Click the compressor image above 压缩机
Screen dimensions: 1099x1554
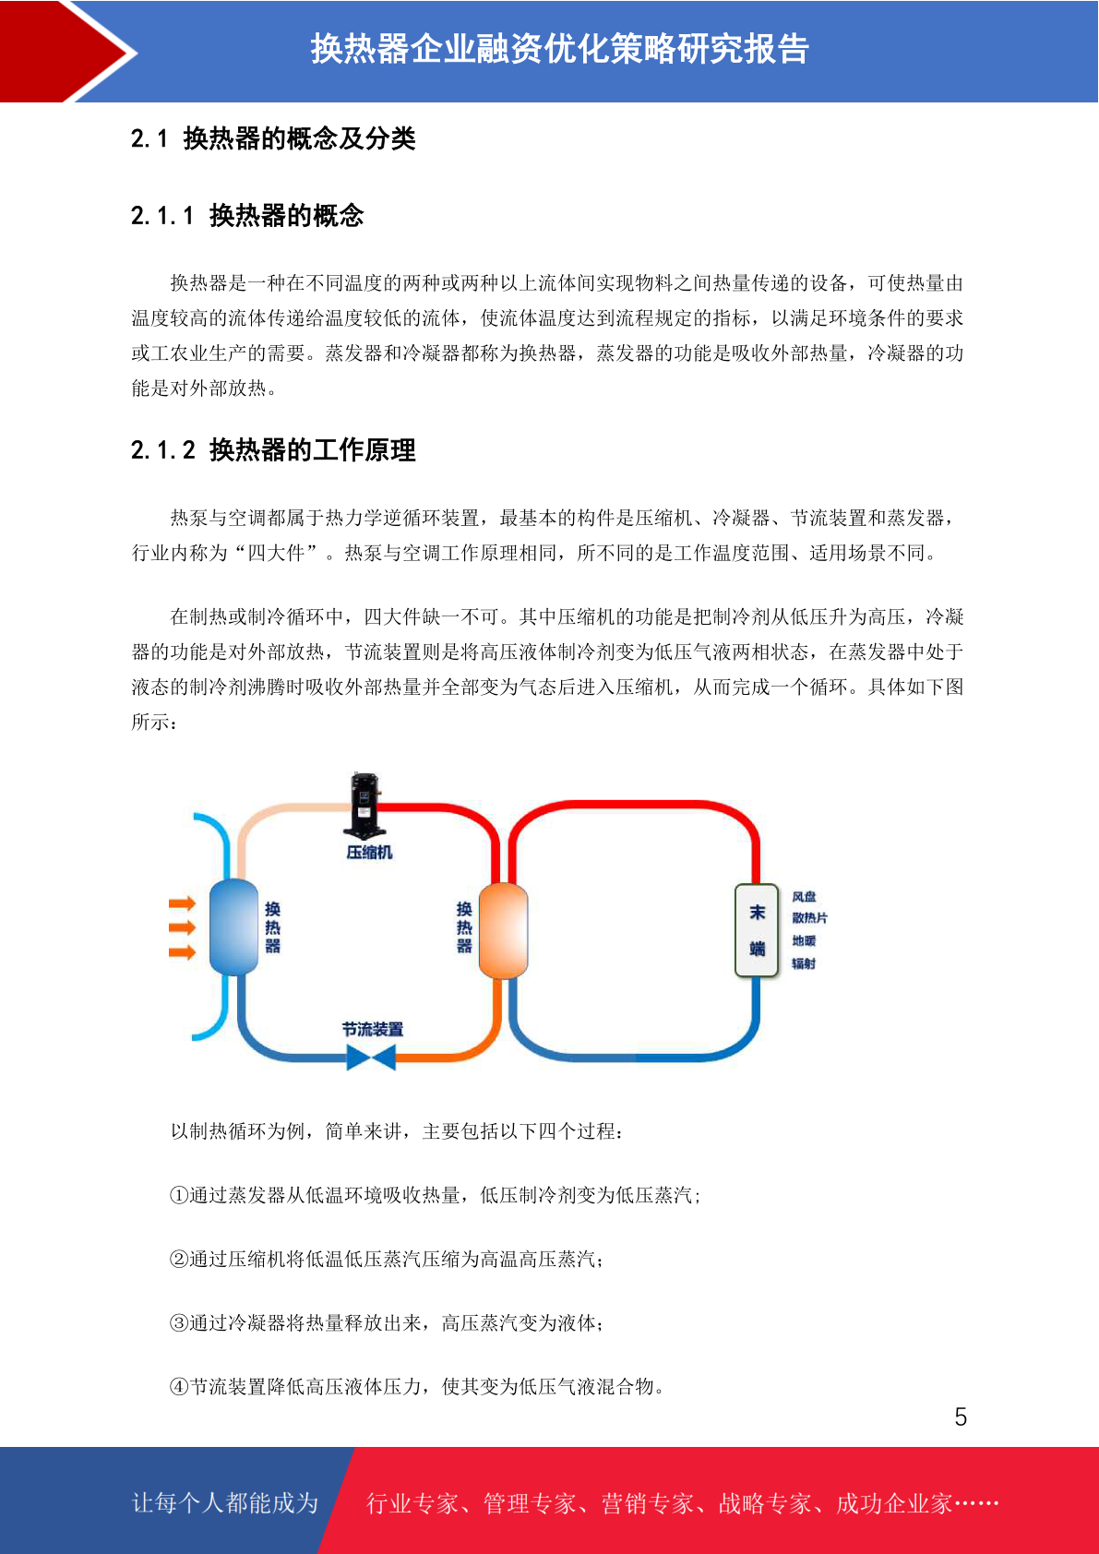coord(364,805)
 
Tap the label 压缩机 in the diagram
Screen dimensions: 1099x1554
coord(369,852)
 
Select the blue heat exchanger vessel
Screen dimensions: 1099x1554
coord(233,926)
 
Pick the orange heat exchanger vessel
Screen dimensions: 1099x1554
coord(503,929)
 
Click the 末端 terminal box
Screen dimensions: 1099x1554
coord(757,930)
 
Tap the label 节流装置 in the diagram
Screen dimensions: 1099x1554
coord(373,1029)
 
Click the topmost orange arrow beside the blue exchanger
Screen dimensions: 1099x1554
coord(183,903)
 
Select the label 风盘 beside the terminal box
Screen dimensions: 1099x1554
coord(804,896)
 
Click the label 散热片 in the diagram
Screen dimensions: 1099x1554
coord(809,918)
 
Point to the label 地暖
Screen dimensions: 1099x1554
coord(804,940)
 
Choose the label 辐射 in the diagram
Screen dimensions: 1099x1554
coord(804,963)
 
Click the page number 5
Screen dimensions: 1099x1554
coord(961,1417)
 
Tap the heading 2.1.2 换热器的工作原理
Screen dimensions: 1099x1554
coord(273,450)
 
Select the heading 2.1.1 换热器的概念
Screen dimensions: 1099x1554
coord(247,216)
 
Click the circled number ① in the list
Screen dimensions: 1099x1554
coord(179,1195)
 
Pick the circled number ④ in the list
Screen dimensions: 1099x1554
coord(179,1386)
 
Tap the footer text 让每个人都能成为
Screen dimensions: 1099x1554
coord(225,1502)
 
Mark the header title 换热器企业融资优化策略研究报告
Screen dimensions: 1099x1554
coord(559,49)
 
